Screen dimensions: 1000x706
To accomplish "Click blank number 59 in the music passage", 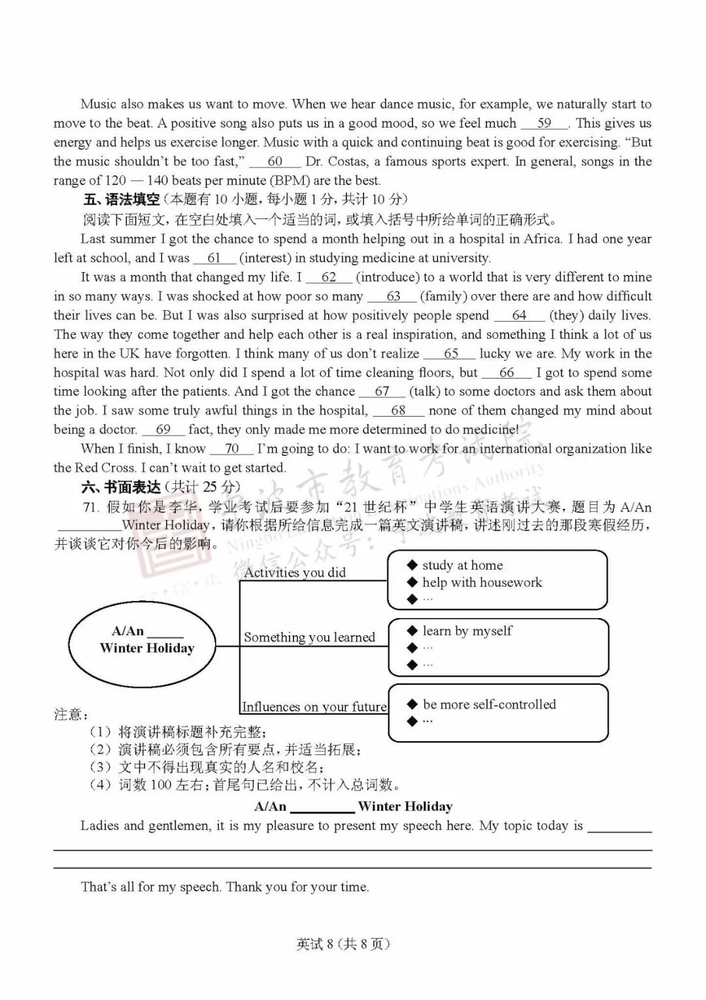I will tap(544, 123).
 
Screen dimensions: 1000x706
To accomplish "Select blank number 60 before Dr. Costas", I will tap(275, 162).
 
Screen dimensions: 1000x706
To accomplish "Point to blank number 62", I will tap(328, 277).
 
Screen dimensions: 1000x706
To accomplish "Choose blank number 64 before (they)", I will tap(519, 315).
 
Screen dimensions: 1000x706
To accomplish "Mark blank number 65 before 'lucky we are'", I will tap(450, 354).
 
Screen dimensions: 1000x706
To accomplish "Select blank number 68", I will tap(398, 411).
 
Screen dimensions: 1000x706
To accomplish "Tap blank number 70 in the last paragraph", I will tap(231, 449).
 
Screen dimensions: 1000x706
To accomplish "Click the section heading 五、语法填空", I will tap(122, 199).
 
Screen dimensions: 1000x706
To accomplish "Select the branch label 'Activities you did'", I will tap(295, 572).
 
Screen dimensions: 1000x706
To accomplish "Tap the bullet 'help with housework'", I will tap(482, 582).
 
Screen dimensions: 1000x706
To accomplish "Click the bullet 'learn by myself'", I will tap(467, 630).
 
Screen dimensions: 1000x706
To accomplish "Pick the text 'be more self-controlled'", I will tap(489, 704).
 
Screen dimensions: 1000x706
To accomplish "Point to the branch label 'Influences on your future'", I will tap(314, 707).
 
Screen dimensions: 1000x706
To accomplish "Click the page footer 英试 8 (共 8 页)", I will tap(343, 944).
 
